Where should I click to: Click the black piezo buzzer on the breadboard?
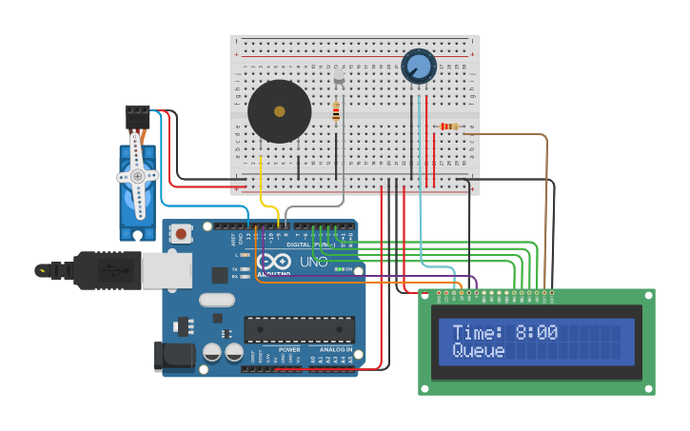pos(279,111)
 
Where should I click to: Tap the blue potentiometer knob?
pos(419,66)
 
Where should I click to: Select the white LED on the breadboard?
pos(338,75)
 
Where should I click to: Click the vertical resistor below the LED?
pos(336,111)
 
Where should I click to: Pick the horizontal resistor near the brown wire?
pos(448,127)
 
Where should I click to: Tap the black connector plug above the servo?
pos(137,115)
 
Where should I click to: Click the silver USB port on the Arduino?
pos(166,270)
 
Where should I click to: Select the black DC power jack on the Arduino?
pos(174,356)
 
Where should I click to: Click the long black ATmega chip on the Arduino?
pos(299,329)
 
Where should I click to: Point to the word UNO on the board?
pos(313,262)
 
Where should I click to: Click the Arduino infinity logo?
pos(274,262)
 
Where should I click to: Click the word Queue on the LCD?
pos(479,350)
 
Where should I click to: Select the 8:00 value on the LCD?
pos(537,332)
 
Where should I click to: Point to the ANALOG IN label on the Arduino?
pos(336,350)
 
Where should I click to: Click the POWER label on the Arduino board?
pos(289,350)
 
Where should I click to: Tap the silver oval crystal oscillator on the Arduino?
pos(217,300)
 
